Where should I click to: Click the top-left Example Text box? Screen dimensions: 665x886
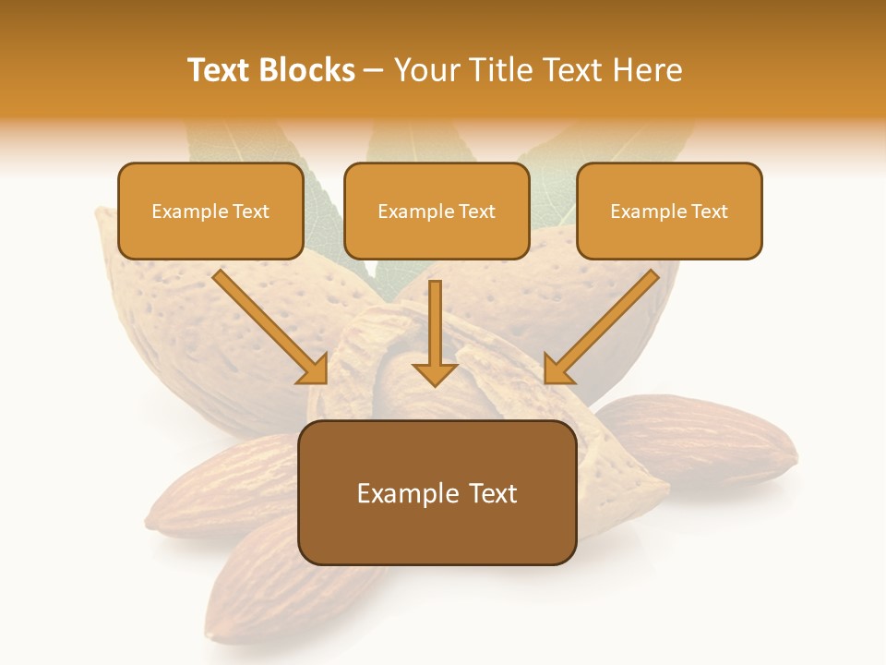(210, 211)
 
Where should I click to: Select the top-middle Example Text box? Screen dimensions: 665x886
(437, 211)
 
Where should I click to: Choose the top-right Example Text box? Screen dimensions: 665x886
(669, 211)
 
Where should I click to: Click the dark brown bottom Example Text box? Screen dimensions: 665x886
(437, 492)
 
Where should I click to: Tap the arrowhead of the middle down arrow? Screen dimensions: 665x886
(435, 373)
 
